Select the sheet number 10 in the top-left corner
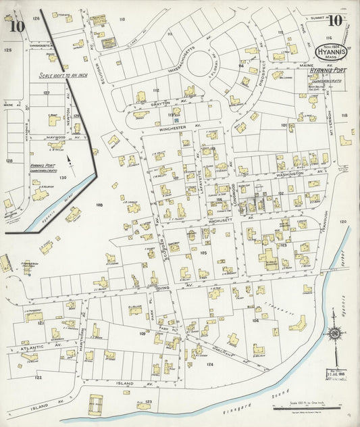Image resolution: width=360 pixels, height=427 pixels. point(18,27)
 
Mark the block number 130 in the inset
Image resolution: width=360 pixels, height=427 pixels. point(63,177)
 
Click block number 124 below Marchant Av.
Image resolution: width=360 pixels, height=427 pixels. point(210,364)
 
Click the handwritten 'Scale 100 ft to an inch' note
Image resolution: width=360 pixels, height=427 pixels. point(59,76)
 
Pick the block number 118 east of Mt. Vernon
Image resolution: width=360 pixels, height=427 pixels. point(344,116)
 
